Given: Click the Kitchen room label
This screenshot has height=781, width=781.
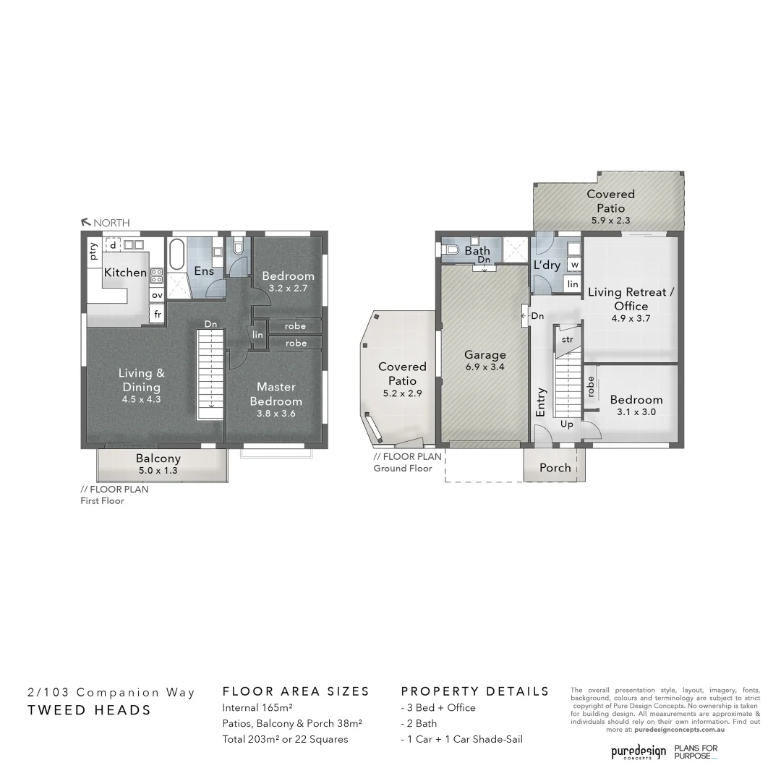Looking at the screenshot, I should click(125, 273).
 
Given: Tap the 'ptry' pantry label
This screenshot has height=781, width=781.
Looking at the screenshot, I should click(93, 250).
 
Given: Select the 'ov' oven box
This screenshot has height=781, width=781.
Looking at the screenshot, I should click(157, 295).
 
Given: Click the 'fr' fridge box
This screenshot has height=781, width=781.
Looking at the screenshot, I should click(157, 315).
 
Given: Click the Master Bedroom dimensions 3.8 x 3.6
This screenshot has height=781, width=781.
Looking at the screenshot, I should click(276, 414).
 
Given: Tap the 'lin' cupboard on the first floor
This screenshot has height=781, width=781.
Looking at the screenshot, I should click(258, 335).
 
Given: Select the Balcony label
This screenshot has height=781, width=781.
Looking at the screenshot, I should click(158, 458).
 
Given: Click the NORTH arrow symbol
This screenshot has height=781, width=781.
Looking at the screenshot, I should click(85, 223).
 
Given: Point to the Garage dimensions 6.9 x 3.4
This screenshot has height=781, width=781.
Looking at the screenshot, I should click(485, 367).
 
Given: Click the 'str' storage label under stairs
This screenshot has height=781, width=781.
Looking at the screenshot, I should click(567, 338).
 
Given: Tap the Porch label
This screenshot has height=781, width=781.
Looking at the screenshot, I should click(555, 468).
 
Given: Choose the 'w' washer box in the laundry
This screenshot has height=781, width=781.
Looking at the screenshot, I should click(573, 265).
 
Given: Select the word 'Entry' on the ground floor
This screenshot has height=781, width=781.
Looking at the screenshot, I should click(541, 402).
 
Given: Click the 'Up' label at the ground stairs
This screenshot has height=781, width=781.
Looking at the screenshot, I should click(566, 424).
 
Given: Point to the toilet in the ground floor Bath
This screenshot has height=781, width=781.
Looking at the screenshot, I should click(451, 250).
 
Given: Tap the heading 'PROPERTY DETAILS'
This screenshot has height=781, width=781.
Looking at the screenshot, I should click(475, 691).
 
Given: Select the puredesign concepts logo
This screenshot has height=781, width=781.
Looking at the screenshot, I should click(638, 752).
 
